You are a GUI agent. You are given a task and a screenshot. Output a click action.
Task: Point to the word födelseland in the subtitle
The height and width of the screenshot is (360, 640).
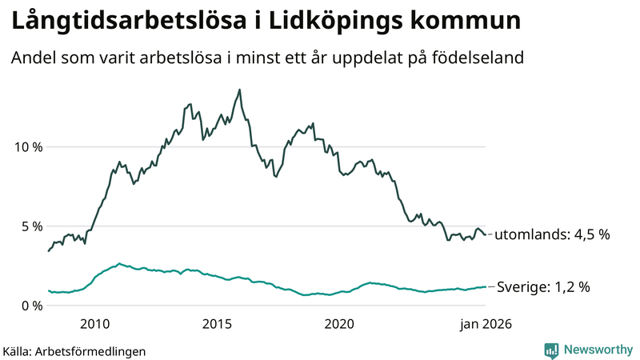point(484,58)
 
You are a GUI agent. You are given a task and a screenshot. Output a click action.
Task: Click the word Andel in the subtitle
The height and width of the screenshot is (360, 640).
point(33,58)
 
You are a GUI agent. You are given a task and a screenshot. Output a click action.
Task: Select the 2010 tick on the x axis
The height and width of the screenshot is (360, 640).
point(94,324)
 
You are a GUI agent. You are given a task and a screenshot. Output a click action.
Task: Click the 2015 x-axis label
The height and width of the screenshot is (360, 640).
point(217,324)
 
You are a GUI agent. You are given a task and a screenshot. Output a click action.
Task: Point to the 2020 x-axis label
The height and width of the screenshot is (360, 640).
point(339,324)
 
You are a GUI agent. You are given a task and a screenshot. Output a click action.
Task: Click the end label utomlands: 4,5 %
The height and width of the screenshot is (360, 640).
point(552,235)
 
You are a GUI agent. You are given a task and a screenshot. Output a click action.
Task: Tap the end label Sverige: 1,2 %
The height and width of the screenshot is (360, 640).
point(543,286)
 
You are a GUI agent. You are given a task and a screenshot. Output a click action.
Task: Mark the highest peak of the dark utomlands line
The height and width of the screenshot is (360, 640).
point(239,90)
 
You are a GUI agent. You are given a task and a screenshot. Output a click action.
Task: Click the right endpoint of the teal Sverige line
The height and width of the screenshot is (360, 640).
point(485,286)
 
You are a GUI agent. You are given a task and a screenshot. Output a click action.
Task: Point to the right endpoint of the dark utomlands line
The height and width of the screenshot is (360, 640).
point(485,234)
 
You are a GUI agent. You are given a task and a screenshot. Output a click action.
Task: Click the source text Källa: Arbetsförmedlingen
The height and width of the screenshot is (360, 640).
point(74,350)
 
